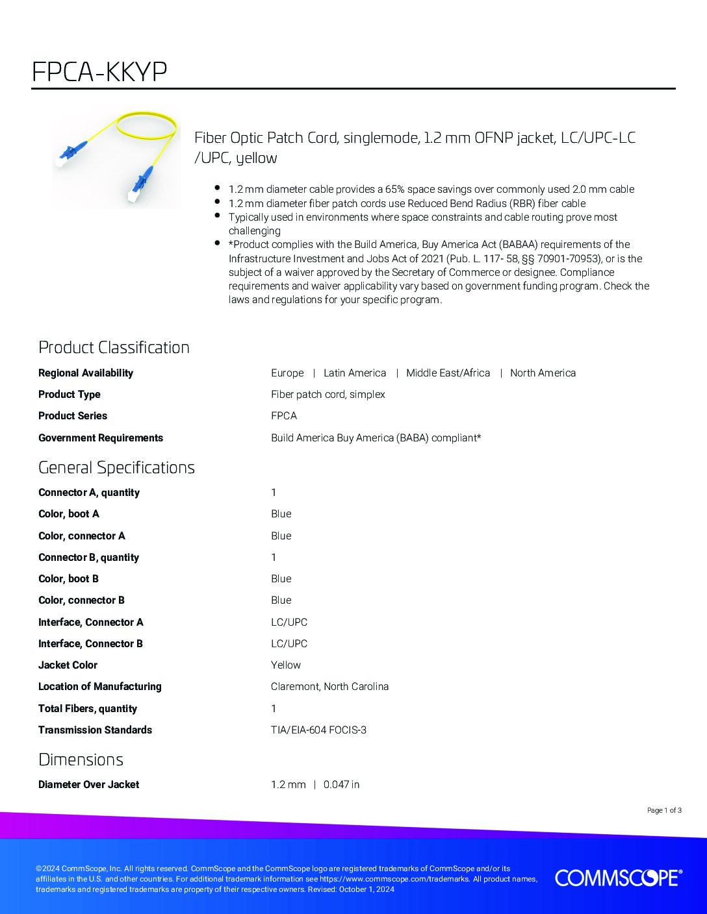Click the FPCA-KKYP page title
pyautogui.click(x=99, y=72)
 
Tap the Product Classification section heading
pyautogui.click(x=114, y=347)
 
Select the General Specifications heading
pyautogui.click(x=116, y=467)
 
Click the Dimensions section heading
pyautogui.click(x=81, y=760)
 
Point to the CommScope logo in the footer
pyautogui.click(x=618, y=878)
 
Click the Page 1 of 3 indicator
pyautogui.click(x=664, y=810)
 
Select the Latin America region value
pyautogui.click(x=355, y=373)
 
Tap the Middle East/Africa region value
pyautogui.click(x=448, y=373)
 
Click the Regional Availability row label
pyautogui.click(x=86, y=373)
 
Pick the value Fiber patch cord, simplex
pyautogui.click(x=328, y=394)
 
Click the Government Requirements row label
pyautogui.click(x=101, y=438)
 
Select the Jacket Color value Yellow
pyautogui.click(x=286, y=665)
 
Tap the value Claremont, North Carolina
pyautogui.click(x=329, y=686)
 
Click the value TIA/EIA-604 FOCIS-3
pyautogui.click(x=318, y=730)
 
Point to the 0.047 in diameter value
pyautogui.click(x=341, y=784)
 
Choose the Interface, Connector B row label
pyautogui.click(x=90, y=643)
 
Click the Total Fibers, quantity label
pyautogui.click(x=88, y=708)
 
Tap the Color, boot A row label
pyautogui.click(x=69, y=513)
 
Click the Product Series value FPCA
pyautogui.click(x=284, y=415)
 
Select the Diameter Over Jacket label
pyautogui.click(x=88, y=784)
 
